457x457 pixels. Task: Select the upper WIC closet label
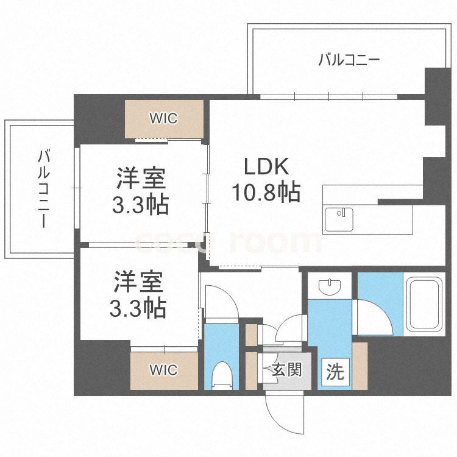pos(164,118)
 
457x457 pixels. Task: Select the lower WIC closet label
pos(164,369)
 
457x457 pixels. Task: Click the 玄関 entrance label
pos(286,369)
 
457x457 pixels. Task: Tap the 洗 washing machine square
pos(335,372)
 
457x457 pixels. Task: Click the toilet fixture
pos(222,374)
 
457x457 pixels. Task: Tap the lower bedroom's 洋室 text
pos(138,284)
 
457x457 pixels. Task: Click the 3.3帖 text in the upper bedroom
pos(141,205)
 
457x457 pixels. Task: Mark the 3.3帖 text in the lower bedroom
pos(138,310)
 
